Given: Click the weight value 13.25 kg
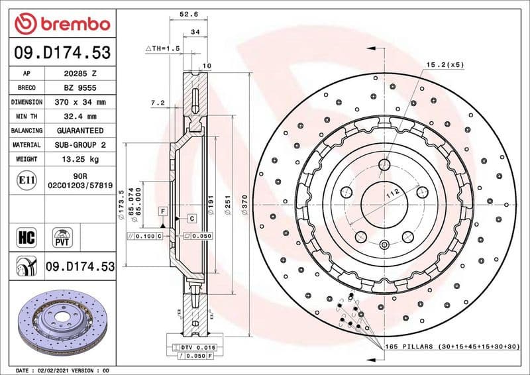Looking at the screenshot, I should [x=81, y=159].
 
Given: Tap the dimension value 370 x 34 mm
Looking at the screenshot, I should [x=81, y=102].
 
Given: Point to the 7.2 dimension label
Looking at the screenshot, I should [x=158, y=103].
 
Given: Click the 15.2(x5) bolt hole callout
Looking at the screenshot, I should [x=445, y=64].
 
